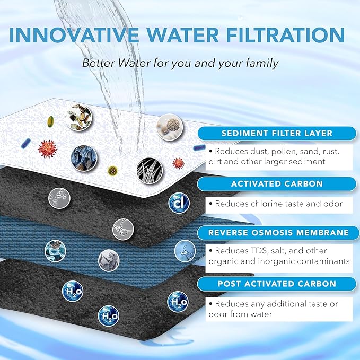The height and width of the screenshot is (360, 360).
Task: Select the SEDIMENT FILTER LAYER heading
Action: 277,133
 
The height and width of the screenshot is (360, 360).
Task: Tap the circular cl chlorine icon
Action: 179,203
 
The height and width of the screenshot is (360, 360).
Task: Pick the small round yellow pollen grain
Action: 112,170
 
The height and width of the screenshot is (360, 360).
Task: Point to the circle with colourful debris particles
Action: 76,114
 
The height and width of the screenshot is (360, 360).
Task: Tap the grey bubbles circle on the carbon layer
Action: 58,197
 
